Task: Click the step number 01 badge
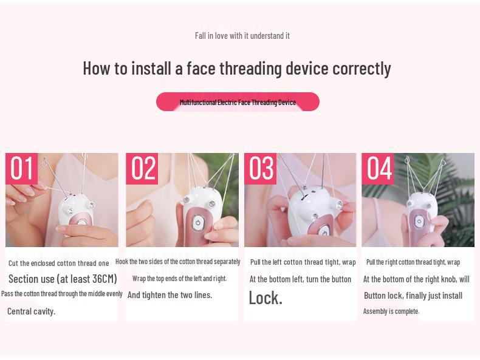[x=22, y=168]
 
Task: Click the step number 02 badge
[x=142, y=168]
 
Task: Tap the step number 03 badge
[x=261, y=168]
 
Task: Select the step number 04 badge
[x=378, y=168]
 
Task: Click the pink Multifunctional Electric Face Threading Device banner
[x=238, y=102]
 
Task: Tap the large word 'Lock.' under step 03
[x=266, y=297]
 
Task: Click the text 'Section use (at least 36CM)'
[x=63, y=279]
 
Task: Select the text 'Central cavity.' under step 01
[x=31, y=311]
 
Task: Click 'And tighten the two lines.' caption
[x=170, y=295]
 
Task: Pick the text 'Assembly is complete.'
[x=391, y=311]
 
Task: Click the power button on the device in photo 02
[x=197, y=223]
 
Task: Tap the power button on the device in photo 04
[x=419, y=222]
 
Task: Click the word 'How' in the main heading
[x=96, y=68]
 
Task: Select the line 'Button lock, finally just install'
[x=413, y=296]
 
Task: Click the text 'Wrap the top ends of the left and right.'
[x=179, y=279]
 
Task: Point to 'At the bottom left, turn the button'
[x=300, y=279]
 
